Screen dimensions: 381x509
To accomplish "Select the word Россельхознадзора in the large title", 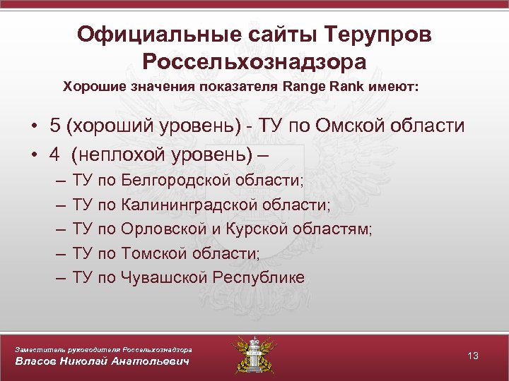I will (255, 61).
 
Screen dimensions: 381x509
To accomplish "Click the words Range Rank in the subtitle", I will (319, 87).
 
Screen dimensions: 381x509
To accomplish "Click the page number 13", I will (473, 356).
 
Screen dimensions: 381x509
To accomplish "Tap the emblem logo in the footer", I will (254, 355).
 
